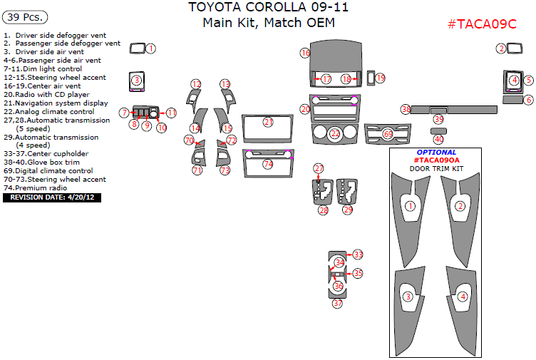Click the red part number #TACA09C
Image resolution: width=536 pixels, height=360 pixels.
[481, 24]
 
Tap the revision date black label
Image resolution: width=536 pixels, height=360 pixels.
[52, 197]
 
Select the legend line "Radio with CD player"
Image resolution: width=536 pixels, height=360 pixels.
[46, 94]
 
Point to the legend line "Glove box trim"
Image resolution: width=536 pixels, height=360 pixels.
[46, 163]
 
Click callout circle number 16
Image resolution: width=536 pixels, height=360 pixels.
[305, 53]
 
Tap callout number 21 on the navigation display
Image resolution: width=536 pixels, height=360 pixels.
[268, 122]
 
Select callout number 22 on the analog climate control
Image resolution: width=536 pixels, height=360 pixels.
[335, 133]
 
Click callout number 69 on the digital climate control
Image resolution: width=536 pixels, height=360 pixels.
[388, 133]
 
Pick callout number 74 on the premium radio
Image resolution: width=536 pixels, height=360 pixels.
[268, 164]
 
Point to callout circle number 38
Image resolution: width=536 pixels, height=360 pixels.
[406, 109]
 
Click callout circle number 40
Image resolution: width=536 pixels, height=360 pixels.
[438, 139]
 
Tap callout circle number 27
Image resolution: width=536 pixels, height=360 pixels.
[319, 168]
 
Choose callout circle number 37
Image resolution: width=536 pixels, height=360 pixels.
[337, 303]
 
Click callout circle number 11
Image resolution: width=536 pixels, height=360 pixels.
[171, 113]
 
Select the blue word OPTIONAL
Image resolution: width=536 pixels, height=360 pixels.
[436, 153]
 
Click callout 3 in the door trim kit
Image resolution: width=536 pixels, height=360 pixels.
[408, 296]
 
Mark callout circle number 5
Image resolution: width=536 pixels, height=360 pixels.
[528, 81]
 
